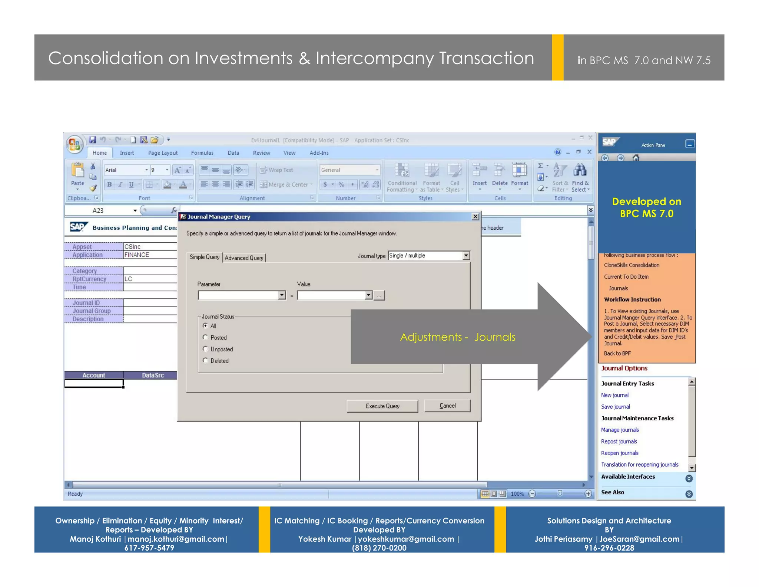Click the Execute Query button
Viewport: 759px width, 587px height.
[382, 406]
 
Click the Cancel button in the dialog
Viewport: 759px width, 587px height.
[447, 406]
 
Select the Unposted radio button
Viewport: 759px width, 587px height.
[205, 349]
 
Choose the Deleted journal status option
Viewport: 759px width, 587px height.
[205, 360]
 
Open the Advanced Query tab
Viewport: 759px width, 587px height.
[244, 258]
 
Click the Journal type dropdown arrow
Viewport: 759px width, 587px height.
[466, 255]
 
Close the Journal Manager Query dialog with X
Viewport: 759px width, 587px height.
[475, 216]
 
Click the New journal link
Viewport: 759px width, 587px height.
[614, 395]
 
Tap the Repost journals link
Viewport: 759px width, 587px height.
[619, 441]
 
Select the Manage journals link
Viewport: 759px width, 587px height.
[620, 430]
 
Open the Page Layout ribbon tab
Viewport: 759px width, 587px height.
[163, 153]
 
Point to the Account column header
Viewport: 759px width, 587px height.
[93, 375]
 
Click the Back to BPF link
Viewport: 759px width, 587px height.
[617, 353]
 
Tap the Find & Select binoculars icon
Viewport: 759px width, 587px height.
[580, 171]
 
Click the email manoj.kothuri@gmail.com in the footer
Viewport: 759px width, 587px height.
[176, 539]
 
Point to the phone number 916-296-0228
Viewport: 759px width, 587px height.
[609, 548]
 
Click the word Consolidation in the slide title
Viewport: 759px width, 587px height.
[106, 58]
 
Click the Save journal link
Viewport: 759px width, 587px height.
[615, 407]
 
